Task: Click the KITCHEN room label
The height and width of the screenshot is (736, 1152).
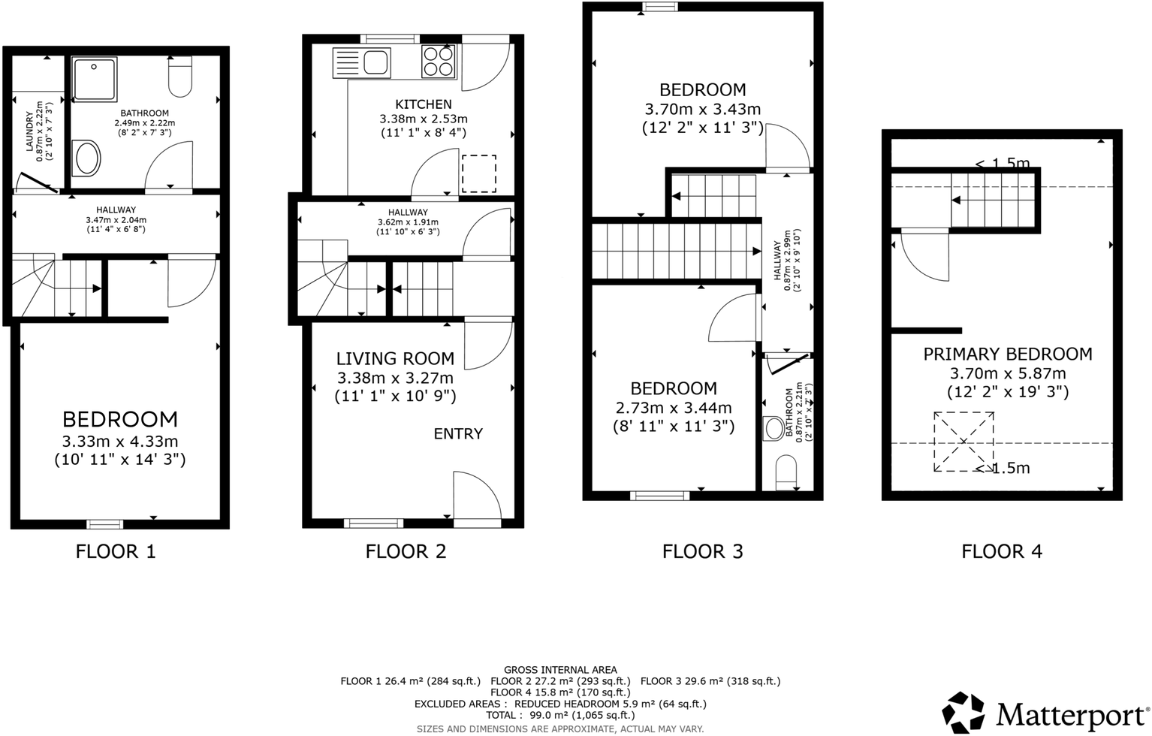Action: click(x=424, y=104)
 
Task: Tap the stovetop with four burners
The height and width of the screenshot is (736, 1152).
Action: click(x=439, y=61)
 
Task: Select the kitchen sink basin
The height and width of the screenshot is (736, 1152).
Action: click(x=376, y=63)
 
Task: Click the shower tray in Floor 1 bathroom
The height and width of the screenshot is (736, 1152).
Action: click(x=94, y=79)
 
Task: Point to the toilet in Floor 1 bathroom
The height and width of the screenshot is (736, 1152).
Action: click(x=180, y=77)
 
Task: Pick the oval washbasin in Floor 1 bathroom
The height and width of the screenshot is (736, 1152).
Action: click(x=86, y=158)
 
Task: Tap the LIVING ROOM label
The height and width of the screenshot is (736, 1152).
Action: click(x=395, y=358)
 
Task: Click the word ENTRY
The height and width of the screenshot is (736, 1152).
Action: click(x=458, y=434)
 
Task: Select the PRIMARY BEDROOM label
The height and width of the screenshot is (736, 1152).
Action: click(x=1008, y=354)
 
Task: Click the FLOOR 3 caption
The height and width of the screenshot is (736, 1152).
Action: click(x=702, y=551)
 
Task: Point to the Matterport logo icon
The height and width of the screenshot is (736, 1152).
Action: click(x=964, y=712)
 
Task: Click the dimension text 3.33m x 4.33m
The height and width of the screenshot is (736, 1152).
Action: click(x=120, y=442)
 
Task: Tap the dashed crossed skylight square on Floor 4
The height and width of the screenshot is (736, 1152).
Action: click(x=964, y=442)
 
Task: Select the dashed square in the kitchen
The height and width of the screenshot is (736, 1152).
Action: click(x=479, y=173)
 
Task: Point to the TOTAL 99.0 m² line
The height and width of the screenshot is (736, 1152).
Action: click(x=560, y=715)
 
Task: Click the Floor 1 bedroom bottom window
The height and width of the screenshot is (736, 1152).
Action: click(x=105, y=524)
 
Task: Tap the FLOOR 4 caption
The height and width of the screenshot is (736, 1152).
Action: click(x=1002, y=551)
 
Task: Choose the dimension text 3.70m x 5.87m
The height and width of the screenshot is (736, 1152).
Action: click(x=1008, y=373)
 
